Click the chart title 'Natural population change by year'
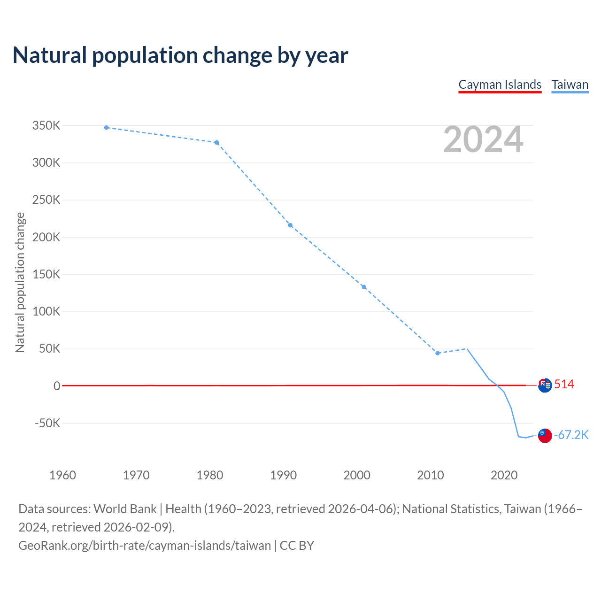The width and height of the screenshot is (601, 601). (x=180, y=55)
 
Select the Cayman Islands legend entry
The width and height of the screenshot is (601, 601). (x=500, y=85)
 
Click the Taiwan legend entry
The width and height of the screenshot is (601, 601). (x=570, y=85)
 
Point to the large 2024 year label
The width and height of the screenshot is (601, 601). (x=483, y=139)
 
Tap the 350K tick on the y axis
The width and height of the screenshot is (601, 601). (x=46, y=126)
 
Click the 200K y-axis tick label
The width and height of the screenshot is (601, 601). (x=46, y=237)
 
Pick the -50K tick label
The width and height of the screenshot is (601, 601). (x=47, y=423)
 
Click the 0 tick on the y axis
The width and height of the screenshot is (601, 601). (x=57, y=386)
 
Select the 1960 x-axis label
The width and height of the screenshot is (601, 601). (x=62, y=475)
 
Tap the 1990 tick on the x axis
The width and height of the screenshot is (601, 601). (x=284, y=475)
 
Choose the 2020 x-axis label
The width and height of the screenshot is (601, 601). (x=504, y=475)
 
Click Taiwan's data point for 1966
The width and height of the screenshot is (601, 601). (x=107, y=128)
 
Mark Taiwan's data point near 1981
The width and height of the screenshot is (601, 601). (x=216, y=143)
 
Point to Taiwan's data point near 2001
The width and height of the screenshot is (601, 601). (x=364, y=287)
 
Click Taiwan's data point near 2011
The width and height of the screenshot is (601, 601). (x=438, y=353)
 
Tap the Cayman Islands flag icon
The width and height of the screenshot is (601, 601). (x=545, y=385)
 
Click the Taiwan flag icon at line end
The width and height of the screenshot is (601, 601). (x=545, y=435)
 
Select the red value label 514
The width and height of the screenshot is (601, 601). (x=564, y=385)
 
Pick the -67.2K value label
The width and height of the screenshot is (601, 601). (x=571, y=435)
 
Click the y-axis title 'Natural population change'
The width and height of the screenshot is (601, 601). (x=20, y=282)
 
